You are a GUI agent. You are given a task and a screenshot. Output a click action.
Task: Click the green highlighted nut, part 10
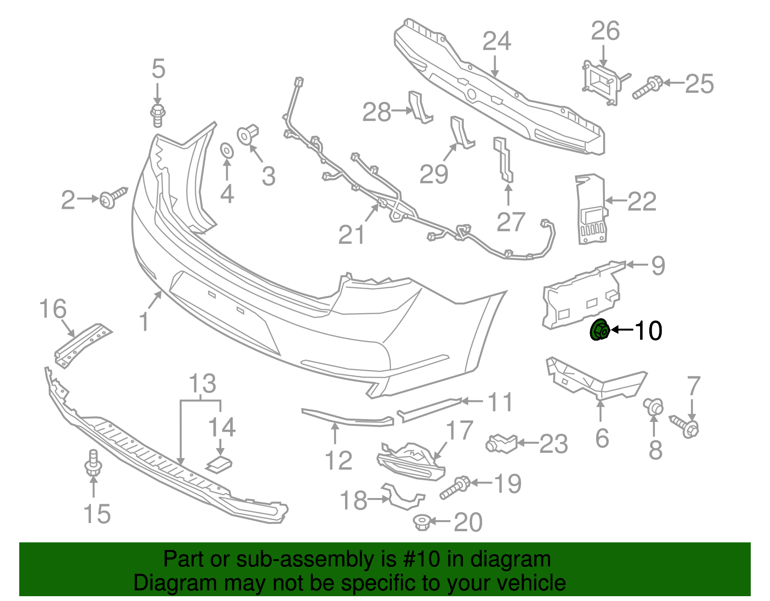click(600, 330)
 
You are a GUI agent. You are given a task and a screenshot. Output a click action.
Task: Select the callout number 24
click(497, 41)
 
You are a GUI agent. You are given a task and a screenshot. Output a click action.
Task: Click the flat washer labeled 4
click(226, 150)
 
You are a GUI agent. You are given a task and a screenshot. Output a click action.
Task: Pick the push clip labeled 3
click(248, 134)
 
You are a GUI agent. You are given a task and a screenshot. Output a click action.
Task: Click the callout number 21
click(352, 235)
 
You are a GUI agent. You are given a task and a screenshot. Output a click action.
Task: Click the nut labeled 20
click(422, 522)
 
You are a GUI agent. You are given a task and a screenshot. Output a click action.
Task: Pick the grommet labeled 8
click(654, 407)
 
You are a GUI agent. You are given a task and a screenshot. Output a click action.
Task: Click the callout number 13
click(202, 384)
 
